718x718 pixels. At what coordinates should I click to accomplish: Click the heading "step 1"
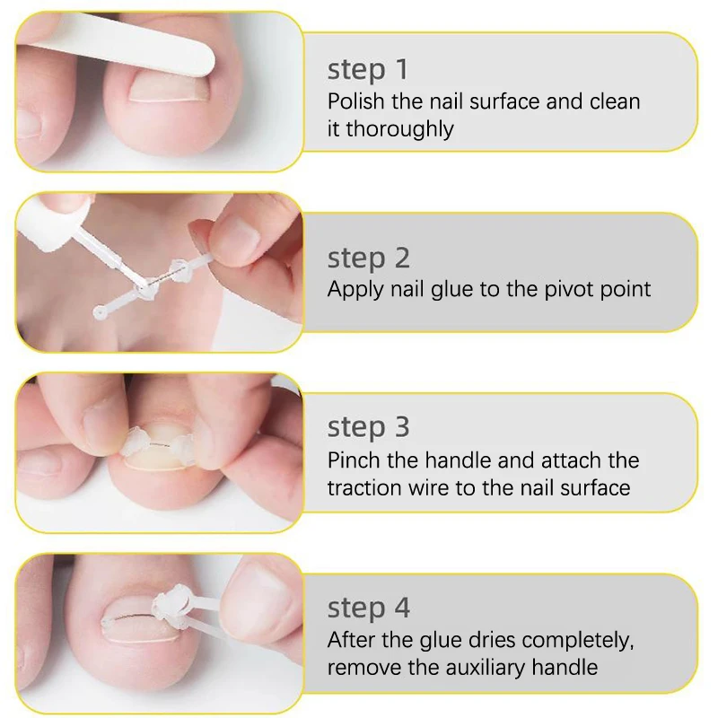click(x=368, y=69)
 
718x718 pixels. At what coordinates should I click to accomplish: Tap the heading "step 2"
click(x=369, y=258)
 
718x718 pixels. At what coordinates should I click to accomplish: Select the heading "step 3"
click(x=369, y=427)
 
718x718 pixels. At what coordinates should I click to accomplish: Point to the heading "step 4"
click(x=369, y=609)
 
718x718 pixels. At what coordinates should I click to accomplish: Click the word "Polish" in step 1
click(x=352, y=101)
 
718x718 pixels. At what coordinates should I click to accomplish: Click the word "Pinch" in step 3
click(x=352, y=461)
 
